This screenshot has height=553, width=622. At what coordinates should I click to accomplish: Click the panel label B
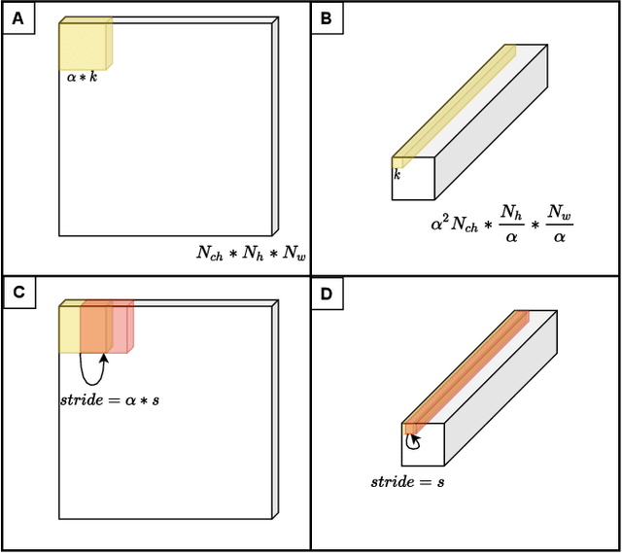326,16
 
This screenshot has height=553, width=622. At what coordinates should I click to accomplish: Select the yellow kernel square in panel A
82,45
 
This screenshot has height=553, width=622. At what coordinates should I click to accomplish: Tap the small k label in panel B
397,175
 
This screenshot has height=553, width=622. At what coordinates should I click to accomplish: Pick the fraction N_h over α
509,224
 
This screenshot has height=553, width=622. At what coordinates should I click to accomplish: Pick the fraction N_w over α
558,224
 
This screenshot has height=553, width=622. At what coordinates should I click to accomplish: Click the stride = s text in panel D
408,481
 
